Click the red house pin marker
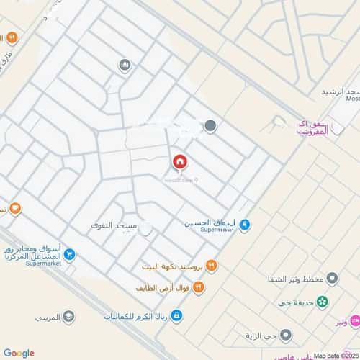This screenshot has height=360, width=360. (179, 162)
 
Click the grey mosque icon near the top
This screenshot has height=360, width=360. (125, 66)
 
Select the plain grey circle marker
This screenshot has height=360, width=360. (210, 126)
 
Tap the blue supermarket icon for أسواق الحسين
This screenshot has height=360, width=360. (245, 225)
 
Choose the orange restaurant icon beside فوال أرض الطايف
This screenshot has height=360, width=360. (199, 288)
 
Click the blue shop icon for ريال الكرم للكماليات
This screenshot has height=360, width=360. (176, 316)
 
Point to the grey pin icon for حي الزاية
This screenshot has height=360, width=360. (285, 335)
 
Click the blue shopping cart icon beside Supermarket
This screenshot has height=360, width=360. (68, 253)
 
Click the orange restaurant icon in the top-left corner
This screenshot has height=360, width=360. (12, 37)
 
